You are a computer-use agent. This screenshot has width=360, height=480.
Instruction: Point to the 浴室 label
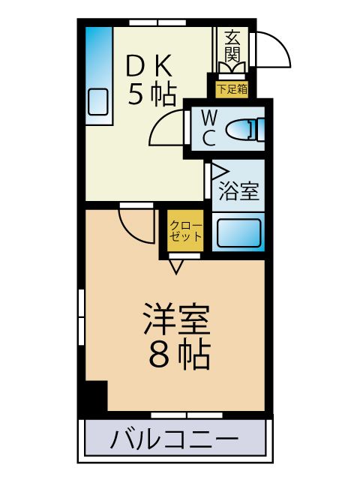(238, 192)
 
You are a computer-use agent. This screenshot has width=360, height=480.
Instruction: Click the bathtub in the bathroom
(238, 232)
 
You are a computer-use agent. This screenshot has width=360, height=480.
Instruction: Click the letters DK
(151, 67)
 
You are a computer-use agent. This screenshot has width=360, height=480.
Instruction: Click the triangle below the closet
(177, 265)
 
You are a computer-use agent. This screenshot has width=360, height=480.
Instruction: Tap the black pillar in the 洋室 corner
(95, 396)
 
